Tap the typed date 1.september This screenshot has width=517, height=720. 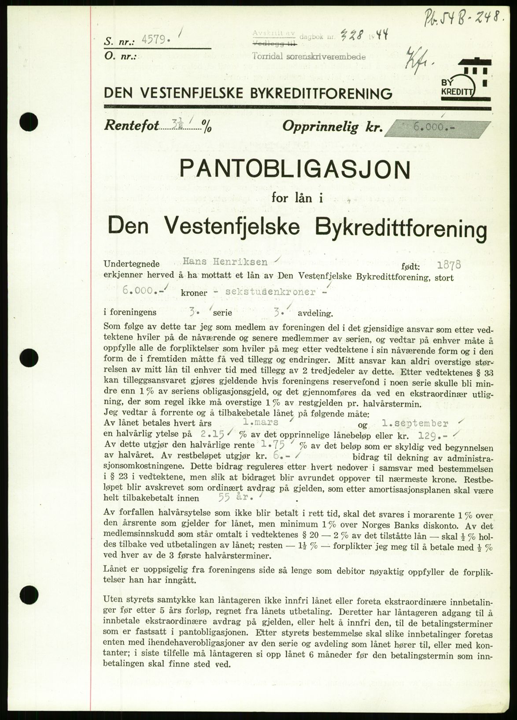[415, 423]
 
